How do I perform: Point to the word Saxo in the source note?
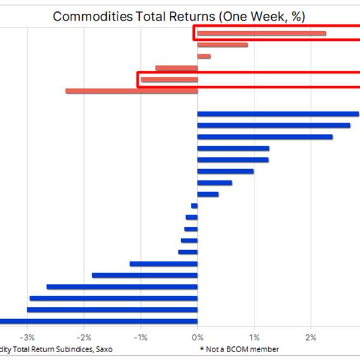(x=102, y=349)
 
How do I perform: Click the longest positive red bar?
(x=262, y=34)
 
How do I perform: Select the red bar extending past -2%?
(x=131, y=91)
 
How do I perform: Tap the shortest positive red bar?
(x=204, y=56)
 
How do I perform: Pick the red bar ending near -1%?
(x=169, y=80)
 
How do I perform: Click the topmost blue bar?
(x=278, y=114)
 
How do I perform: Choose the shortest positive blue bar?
(x=208, y=194)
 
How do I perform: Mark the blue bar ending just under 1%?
(x=225, y=172)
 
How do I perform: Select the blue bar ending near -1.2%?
(x=163, y=263)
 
